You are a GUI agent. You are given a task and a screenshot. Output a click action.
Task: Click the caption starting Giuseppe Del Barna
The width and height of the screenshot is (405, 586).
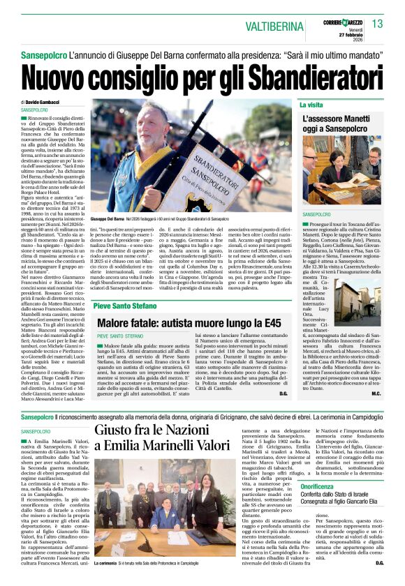(108, 219)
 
